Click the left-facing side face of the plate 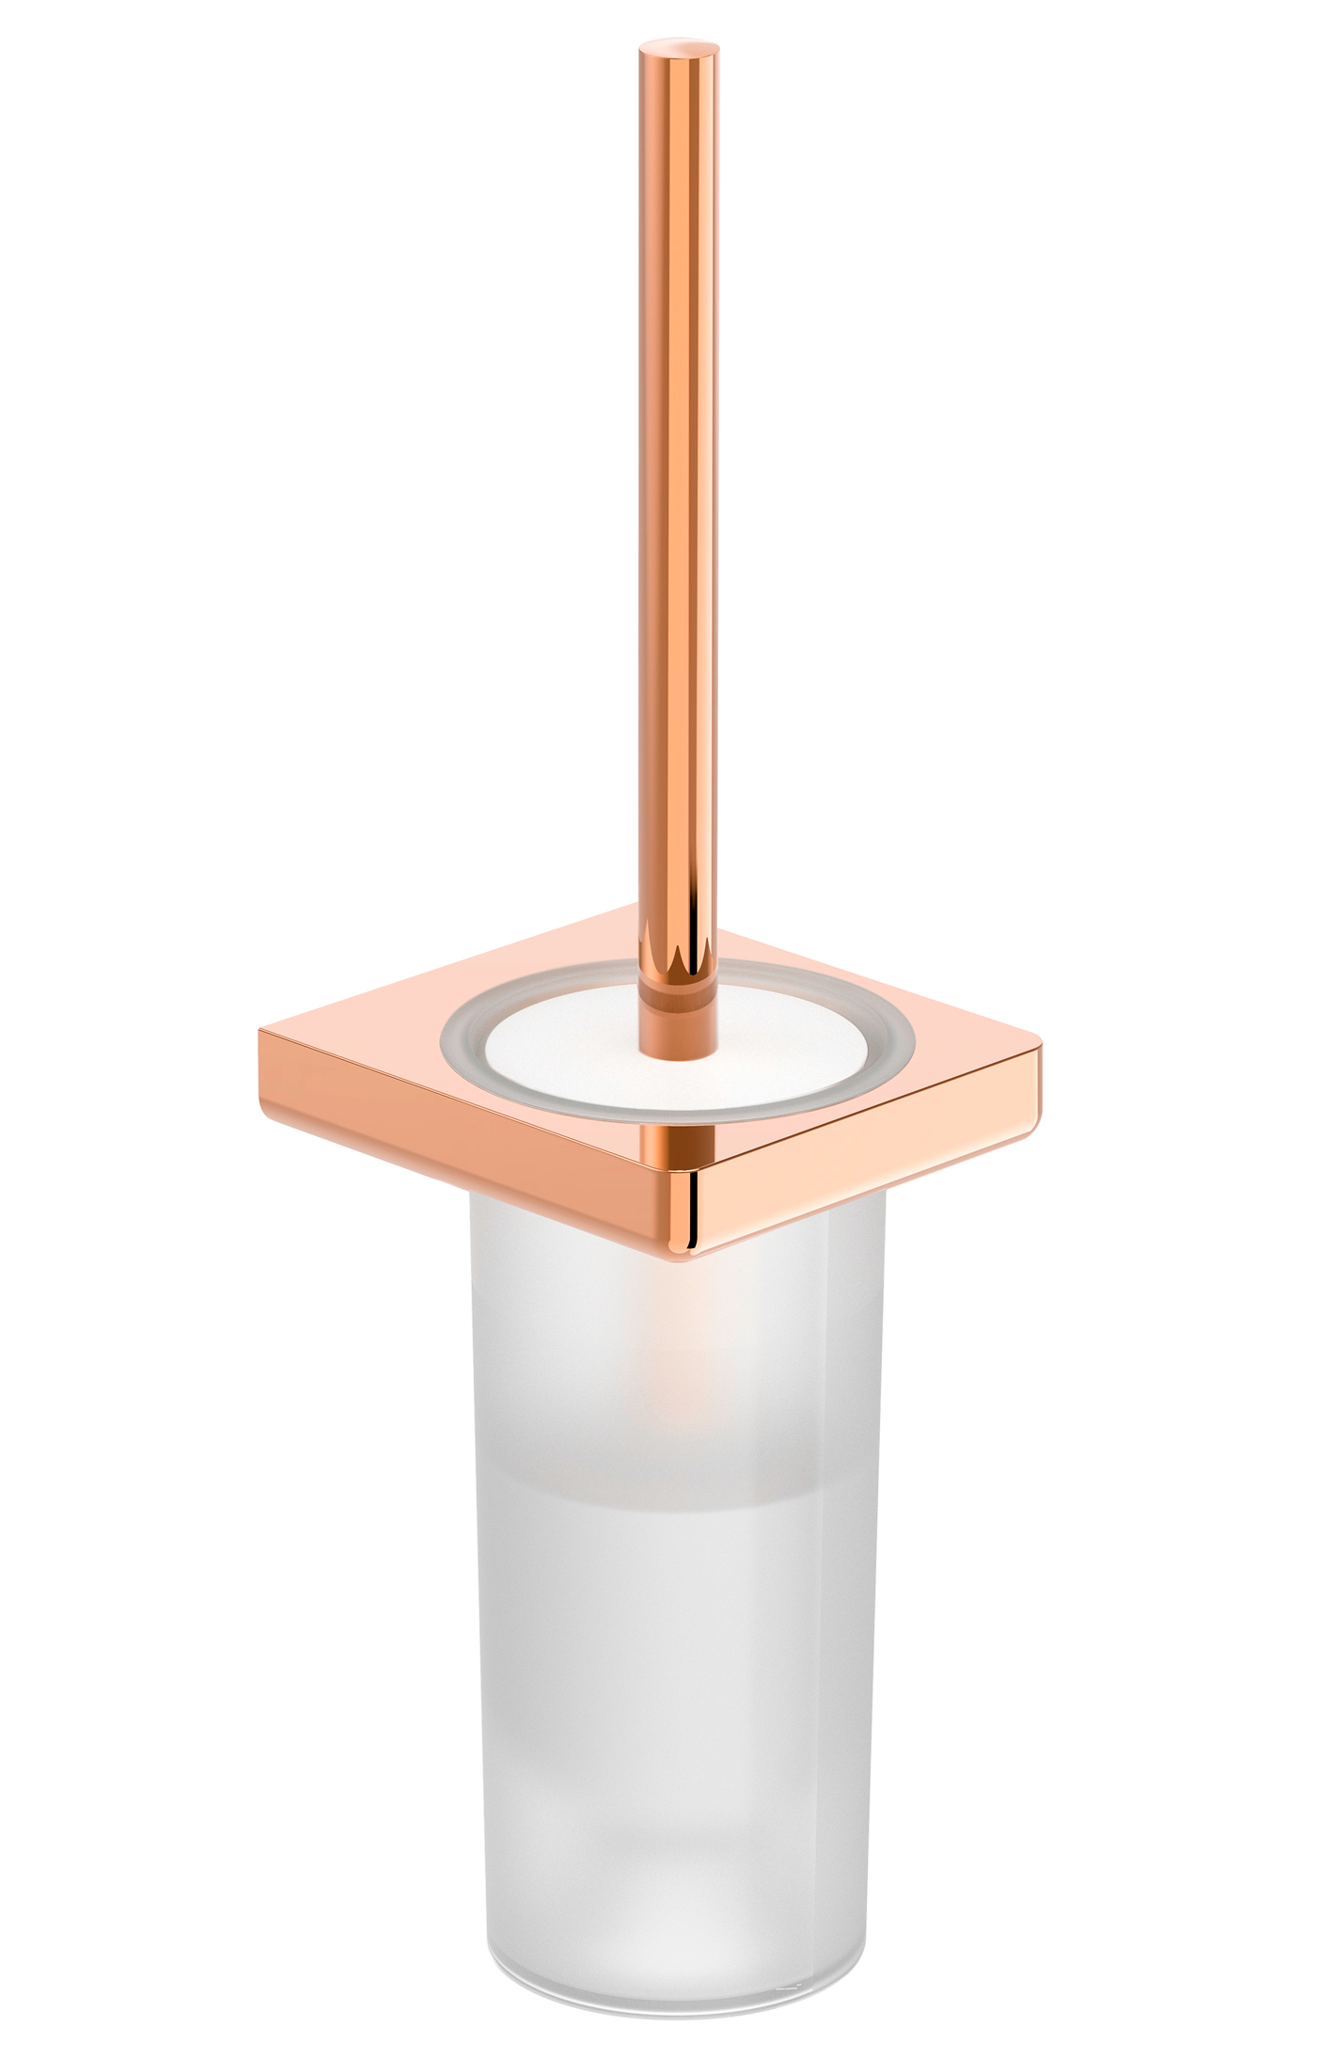click(470, 1157)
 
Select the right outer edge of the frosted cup click(879, 1599)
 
